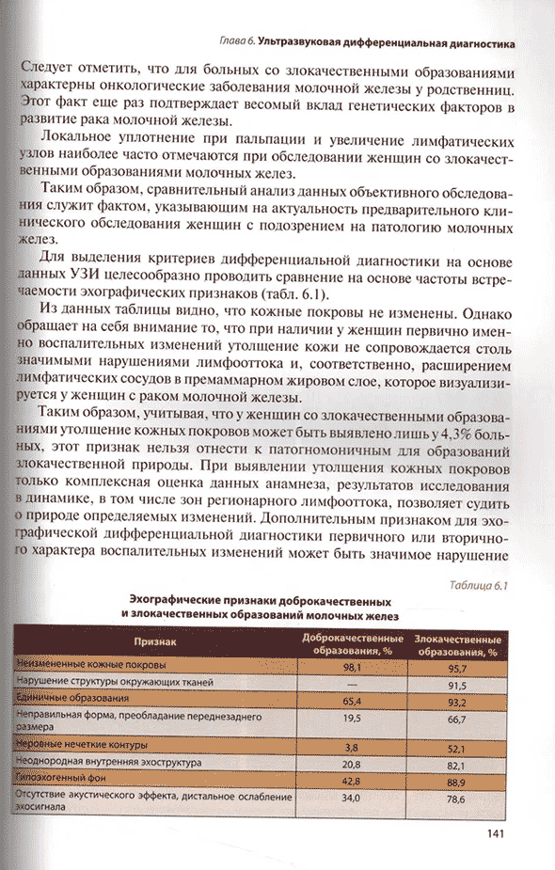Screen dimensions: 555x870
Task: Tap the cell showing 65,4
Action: (353, 700)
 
